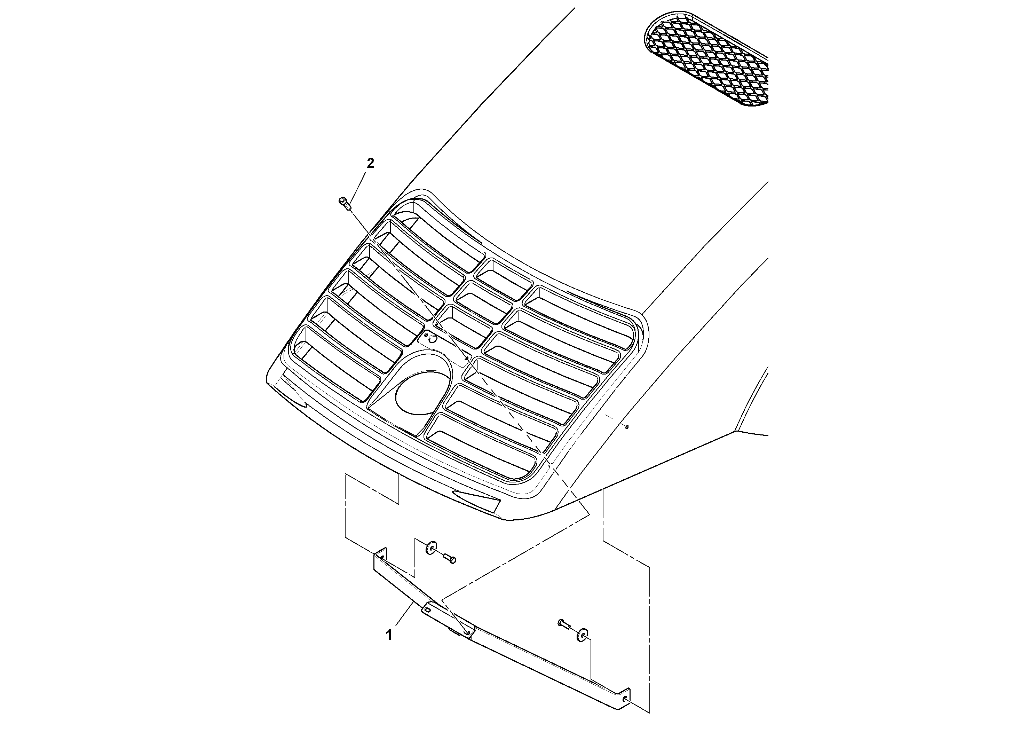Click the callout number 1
tap(388, 636)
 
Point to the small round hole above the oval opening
tap(432, 339)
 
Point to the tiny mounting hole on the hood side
tap(627, 427)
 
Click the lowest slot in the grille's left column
tap(336, 364)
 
